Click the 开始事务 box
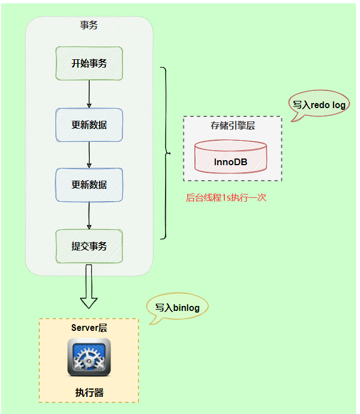tap(89, 63)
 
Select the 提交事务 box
tap(89, 246)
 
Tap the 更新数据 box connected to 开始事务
tap(89, 125)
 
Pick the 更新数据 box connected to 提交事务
tap(89, 185)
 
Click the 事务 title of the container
tap(89, 25)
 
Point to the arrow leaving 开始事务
tap(89, 94)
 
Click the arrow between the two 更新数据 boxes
tap(89, 155)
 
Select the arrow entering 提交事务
tap(89, 216)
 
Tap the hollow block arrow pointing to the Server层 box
tap(89, 287)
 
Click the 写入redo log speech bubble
tap(319, 104)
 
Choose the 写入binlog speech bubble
tap(177, 307)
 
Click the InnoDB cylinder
tap(230, 157)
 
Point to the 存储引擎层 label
tap(233, 125)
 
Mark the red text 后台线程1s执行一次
tap(226, 197)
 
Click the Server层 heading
tap(89, 328)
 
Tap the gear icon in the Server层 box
tap(89, 357)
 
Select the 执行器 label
tap(89, 392)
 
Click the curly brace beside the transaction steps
tap(166, 153)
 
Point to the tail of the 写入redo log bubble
tap(295, 118)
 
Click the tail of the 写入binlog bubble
tap(153, 321)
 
